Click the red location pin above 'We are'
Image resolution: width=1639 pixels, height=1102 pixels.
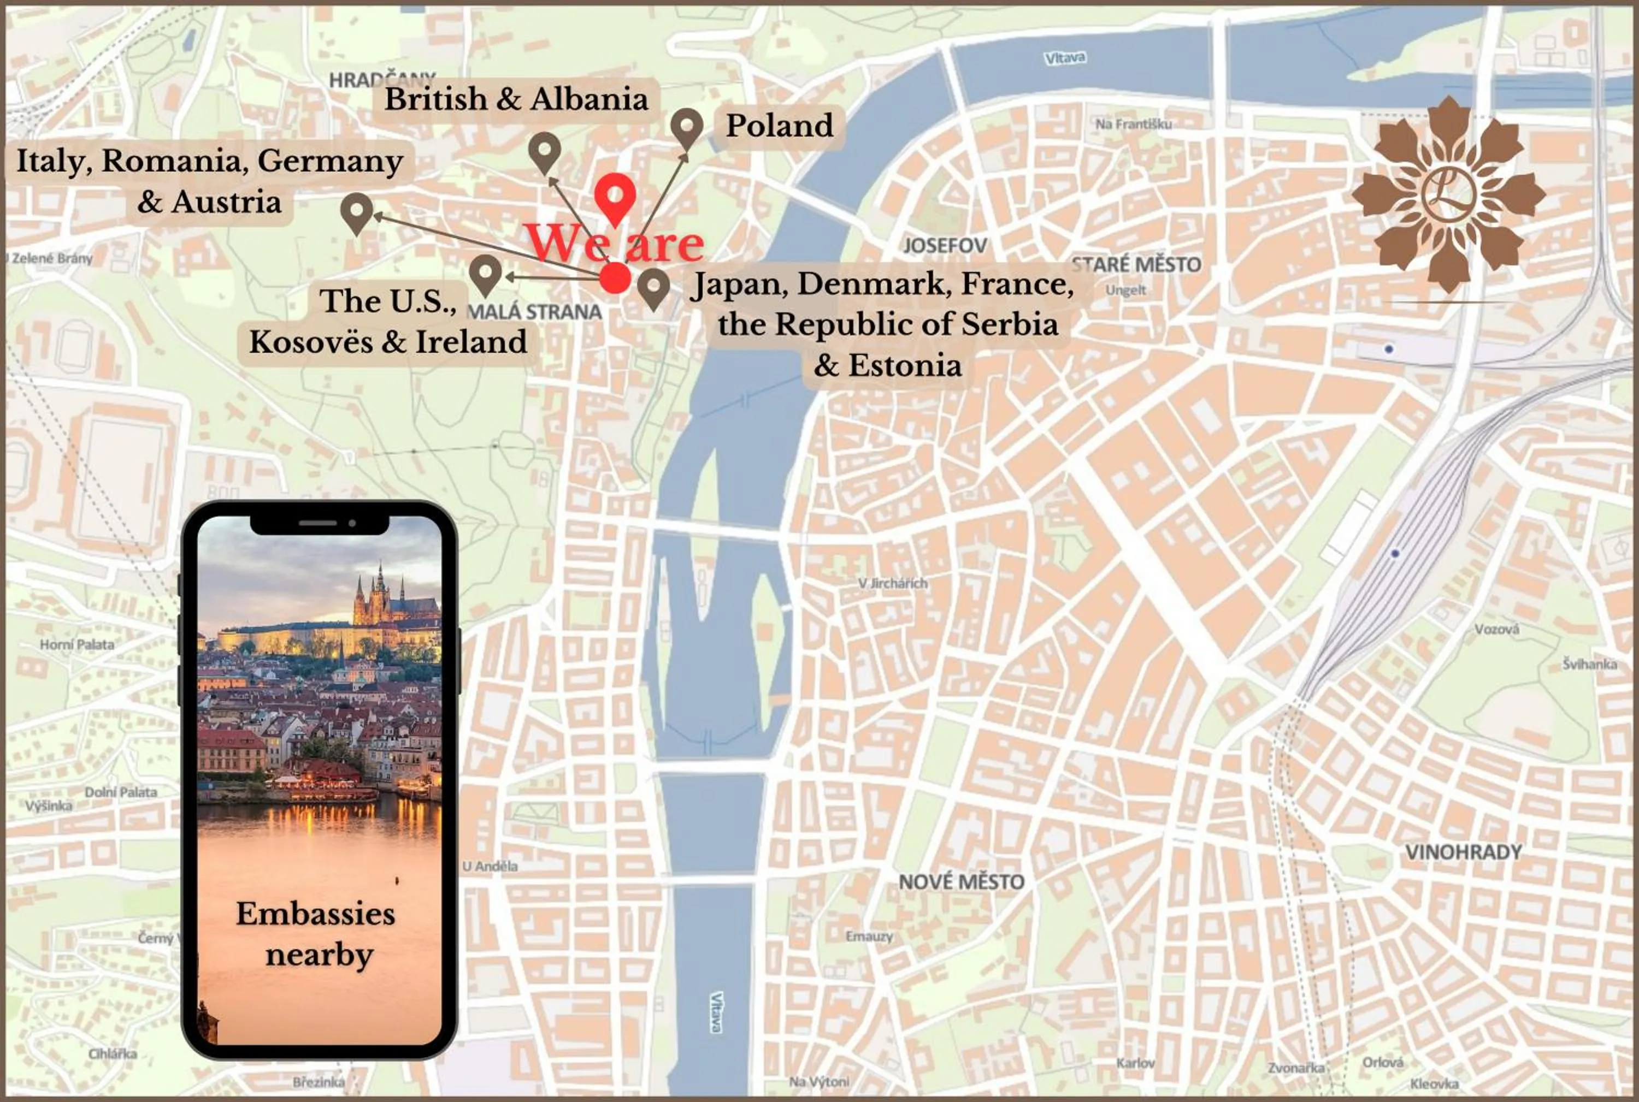click(615, 196)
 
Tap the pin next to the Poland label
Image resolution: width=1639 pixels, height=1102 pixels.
click(686, 127)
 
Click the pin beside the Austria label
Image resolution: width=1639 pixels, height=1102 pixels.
click(357, 211)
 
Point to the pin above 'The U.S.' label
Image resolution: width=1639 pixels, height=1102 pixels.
click(485, 274)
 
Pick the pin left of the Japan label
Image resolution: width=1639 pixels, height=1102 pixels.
click(653, 287)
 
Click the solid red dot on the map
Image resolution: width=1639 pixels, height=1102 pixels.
click(615, 277)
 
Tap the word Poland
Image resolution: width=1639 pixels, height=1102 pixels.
click(779, 126)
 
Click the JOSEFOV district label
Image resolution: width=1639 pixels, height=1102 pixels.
click(944, 245)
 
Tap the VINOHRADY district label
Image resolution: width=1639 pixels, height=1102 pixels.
click(1463, 852)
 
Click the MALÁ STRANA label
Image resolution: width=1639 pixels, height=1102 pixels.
click(534, 312)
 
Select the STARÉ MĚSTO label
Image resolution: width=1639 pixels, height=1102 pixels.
click(1136, 265)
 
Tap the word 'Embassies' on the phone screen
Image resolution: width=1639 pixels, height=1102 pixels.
click(316, 914)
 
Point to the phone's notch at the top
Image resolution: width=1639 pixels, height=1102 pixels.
click(320, 524)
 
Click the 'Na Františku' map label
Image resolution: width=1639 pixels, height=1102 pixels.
click(1133, 125)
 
